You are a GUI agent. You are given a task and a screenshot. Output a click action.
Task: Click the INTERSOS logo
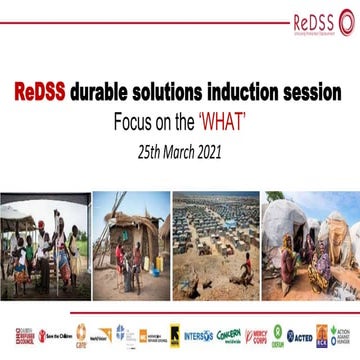point(199,335)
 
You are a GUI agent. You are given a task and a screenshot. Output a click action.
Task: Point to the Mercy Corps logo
point(259,335)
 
